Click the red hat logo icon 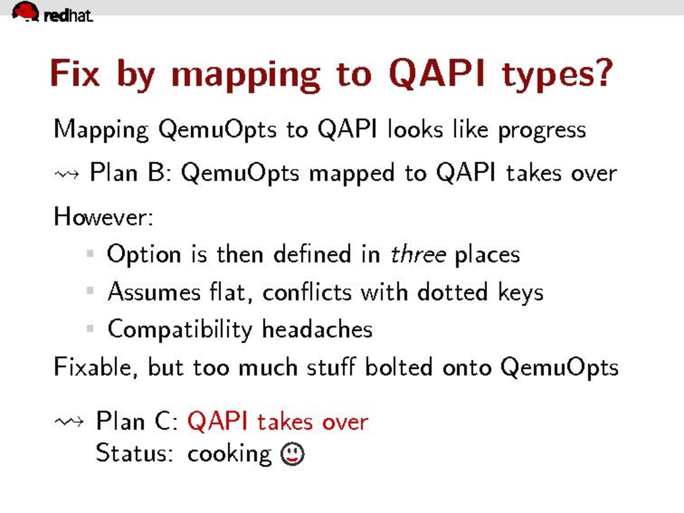[x=25, y=11]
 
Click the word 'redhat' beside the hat [x=68, y=16]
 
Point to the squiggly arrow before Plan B [x=67, y=175]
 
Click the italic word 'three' [x=418, y=254]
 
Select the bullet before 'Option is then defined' [x=90, y=253]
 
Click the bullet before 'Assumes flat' [x=90, y=291]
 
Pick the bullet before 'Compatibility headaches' [x=90, y=328]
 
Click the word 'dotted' [x=453, y=292]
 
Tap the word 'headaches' [x=317, y=329]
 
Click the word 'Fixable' [x=92, y=367]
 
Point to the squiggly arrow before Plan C [x=69, y=422]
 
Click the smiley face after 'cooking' [x=292, y=454]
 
